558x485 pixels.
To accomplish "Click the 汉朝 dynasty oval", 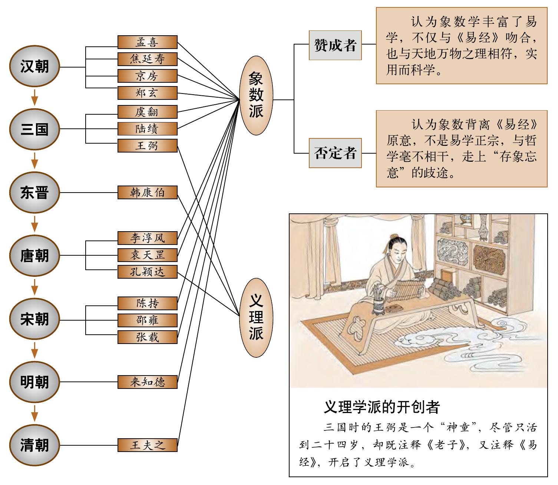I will pyautogui.click(x=34, y=67).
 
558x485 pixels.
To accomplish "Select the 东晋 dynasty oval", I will pyautogui.click(x=34, y=193).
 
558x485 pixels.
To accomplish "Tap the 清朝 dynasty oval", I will pyautogui.click(x=34, y=445).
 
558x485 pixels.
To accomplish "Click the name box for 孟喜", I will pyautogui.click(x=148, y=42).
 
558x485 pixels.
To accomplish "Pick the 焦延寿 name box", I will pyautogui.click(x=148, y=59).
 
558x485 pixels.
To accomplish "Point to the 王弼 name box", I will pyautogui.click(x=148, y=145).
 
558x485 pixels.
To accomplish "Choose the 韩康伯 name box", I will pyautogui.click(x=148, y=193).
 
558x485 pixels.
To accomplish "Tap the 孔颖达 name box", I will pyautogui.click(x=148, y=272).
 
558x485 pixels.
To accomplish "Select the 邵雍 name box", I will pyautogui.click(x=148, y=320).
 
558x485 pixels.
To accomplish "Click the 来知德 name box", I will pyautogui.click(x=148, y=382).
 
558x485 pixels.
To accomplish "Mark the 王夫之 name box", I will pyautogui.click(x=148, y=445).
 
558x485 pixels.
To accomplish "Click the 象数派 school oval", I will pyautogui.click(x=256, y=96).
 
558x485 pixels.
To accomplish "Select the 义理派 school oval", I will pyautogui.click(x=256, y=318).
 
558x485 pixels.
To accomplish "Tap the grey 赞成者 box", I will pyautogui.click(x=335, y=45).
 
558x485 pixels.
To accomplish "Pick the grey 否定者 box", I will pyautogui.click(x=335, y=153).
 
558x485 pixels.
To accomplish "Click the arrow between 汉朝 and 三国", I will pyautogui.click(x=34, y=97).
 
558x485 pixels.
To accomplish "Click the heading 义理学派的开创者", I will pyautogui.click(x=382, y=407).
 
